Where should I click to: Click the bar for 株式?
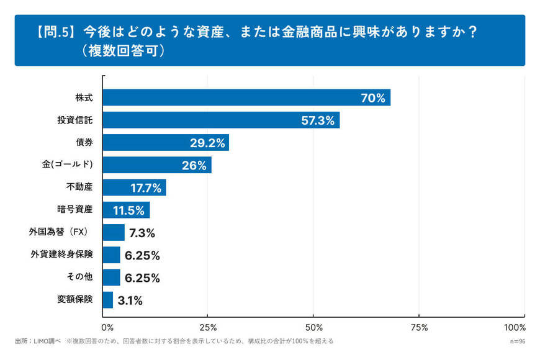click(x=246, y=97)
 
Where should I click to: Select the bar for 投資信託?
click(x=220, y=120)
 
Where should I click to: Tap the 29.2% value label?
click(x=207, y=143)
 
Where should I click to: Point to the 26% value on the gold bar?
click(x=194, y=165)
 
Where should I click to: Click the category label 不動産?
click(x=79, y=187)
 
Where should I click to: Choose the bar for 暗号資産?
click(x=126, y=210)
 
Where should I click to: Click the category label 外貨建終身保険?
click(x=61, y=254)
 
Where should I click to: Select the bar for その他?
click(x=111, y=277)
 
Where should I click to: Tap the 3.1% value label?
click(x=130, y=300)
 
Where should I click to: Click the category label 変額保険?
click(x=74, y=299)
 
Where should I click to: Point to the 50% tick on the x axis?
click(x=313, y=327)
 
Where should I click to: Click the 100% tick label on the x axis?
click(x=515, y=327)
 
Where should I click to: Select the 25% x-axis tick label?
click(x=208, y=327)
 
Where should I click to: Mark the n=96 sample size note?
click(x=517, y=341)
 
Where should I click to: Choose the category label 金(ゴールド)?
click(x=72, y=164)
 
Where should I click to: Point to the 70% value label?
click(x=373, y=97)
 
